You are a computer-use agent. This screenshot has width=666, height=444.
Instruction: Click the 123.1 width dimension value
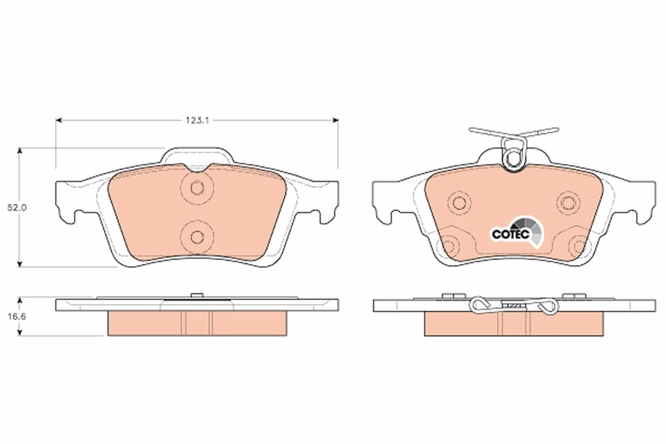click(x=196, y=120)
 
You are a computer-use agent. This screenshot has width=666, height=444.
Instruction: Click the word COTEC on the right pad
click(x=506, y=234)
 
